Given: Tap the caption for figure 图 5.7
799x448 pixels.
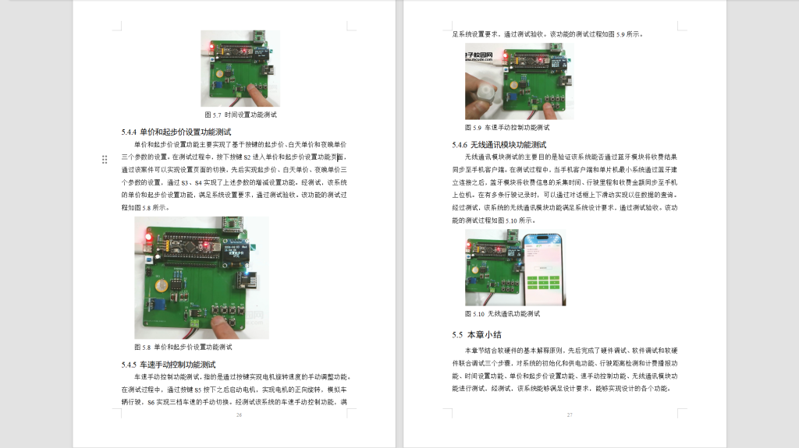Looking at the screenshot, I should (240, 115).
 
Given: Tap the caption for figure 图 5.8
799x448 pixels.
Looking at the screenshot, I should (183, 347).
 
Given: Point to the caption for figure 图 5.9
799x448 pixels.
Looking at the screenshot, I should (507, 127).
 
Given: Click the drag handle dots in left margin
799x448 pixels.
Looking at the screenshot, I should (105, 159).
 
